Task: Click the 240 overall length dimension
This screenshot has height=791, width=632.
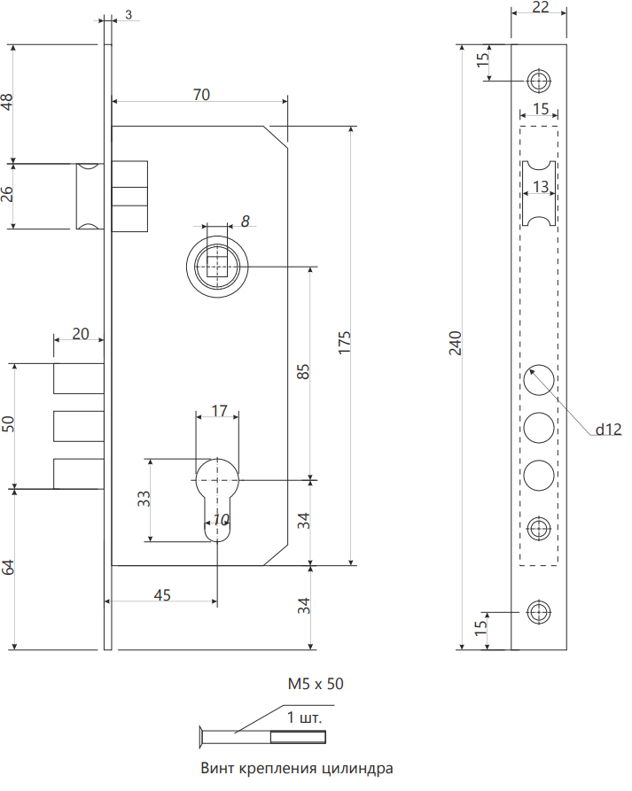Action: [x=456, y=343]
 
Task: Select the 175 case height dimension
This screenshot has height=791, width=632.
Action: [x=344, y=343]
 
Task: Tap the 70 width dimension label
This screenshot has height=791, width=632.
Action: [x=201, y=94]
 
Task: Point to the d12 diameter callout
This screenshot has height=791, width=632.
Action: [x=608, y=430]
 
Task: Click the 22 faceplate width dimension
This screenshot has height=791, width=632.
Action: [x=540, y=7]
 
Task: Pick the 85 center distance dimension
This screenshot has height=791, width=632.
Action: [x=303, y=372]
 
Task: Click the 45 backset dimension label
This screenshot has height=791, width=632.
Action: [x=162, y=595]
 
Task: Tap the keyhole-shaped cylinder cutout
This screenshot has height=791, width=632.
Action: [x=217, y=500]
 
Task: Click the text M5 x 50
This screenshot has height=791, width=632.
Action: [x=316, y=684]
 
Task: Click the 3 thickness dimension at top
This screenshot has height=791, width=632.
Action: [x=129, y=15]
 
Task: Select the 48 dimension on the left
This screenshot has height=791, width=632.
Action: [x=7, y=103]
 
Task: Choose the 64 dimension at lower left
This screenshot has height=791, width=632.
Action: [x=8, y=567]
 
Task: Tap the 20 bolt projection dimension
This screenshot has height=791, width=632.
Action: [x=81, y=333]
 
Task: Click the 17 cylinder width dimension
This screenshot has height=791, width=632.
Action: [x=219, y=411]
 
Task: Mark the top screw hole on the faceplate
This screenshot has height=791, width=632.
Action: [x=539, y=81]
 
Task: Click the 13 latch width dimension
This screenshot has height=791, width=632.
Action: [x=540, y=187]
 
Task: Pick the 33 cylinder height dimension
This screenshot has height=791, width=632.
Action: [x=144, y=499]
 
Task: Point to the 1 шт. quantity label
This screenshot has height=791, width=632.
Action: [x=304, y=717]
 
